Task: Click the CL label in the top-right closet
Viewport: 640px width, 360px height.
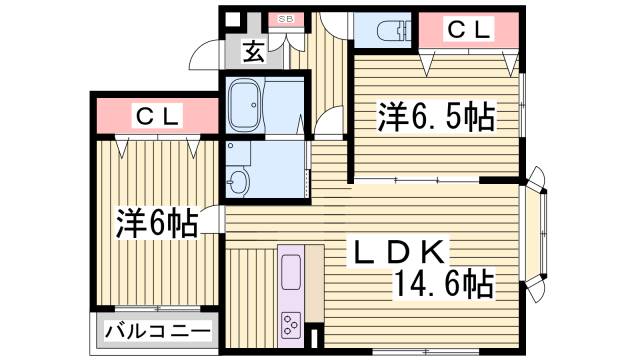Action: [x=468, y=30]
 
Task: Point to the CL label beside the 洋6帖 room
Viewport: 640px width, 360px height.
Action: [x=157, y=117]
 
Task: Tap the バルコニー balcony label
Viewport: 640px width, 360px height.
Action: [x=156, y=331]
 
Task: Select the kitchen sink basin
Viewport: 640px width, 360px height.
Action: [x=294, y=271]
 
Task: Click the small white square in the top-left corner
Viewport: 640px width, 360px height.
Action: [x=233, y=19]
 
